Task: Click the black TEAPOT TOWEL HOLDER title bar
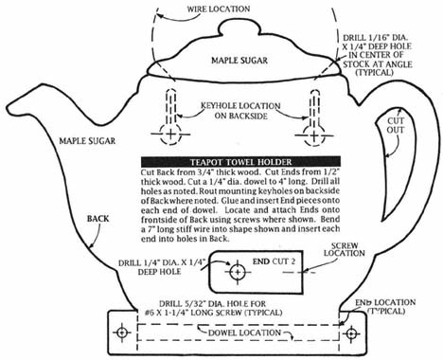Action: coord(240,162)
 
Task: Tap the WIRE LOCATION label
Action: coord(219,9)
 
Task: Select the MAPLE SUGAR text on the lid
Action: coord(239,61)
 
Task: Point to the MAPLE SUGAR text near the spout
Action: coord(87,140)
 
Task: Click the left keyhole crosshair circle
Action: coord(170,135)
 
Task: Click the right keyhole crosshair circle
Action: coord(314,135)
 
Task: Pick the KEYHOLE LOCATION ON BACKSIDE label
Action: coord(240,111)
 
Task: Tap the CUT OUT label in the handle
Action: coord(396,125)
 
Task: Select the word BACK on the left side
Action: coord(97,219)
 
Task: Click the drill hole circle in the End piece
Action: coord(238,272)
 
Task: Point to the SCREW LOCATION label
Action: coord(345,249)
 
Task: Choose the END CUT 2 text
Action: coord(275,261)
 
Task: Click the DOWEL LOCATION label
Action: coord(244,333)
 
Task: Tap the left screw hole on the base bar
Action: coord(122,333)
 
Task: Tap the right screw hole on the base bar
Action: coord(351,333)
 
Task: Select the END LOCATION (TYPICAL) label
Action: coord(385,306)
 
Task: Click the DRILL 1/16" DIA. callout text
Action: coord(378,55)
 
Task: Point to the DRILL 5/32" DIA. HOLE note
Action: coord(214,308)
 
